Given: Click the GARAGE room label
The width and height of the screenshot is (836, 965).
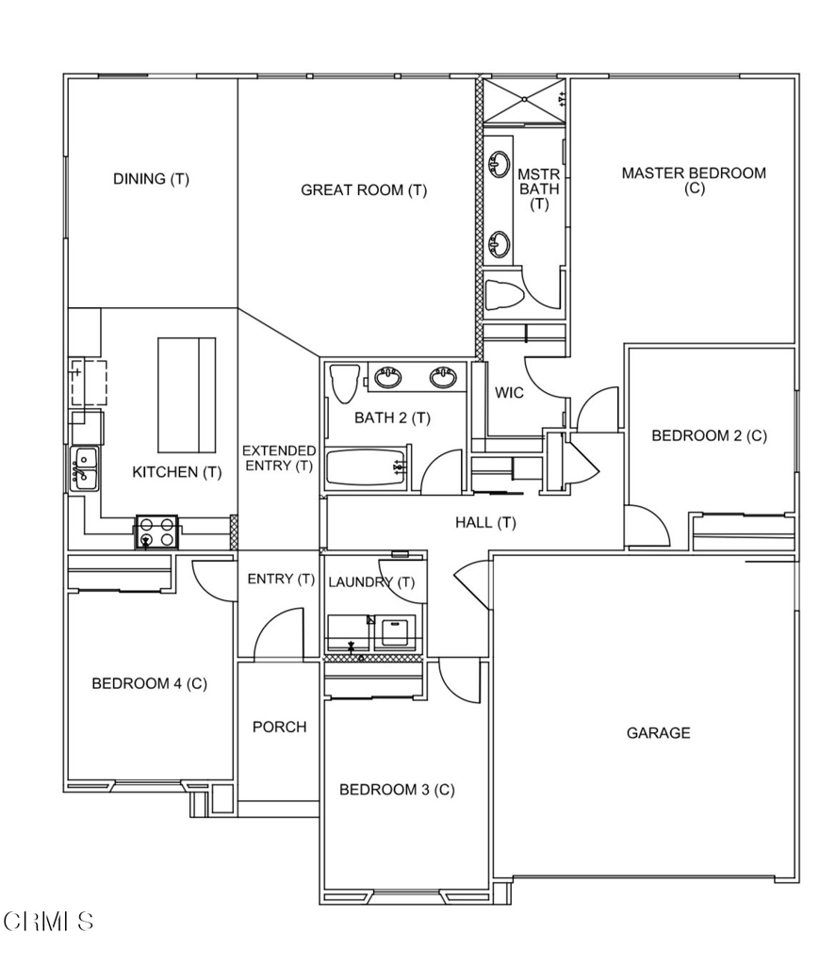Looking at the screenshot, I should [x=659, y=732].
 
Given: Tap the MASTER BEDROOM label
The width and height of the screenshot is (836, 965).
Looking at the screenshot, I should [x=694, y=180].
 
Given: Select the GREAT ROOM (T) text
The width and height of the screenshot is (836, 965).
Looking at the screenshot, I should [x=364, y=190].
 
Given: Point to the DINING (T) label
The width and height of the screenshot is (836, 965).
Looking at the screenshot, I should [x=151, y=179].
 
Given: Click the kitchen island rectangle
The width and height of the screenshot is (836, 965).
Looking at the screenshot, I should [x=186, y=397].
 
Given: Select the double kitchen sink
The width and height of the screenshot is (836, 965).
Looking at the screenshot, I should [x=84, y=468].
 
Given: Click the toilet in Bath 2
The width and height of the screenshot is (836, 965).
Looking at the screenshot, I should [x=343, y=384].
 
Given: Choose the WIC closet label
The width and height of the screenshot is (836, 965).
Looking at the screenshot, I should [x=509, y=393].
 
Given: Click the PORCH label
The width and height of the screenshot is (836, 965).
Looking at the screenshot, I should [x=279, y=727].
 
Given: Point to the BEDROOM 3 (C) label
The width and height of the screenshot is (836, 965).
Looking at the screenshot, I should [x=397, y=790].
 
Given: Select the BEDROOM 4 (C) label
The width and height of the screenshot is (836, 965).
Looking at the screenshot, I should [x=149, y=683].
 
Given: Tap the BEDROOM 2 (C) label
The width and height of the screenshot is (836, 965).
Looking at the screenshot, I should [x=710, y=435].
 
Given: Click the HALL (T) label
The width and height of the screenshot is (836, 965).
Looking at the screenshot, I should [x=485, y=522].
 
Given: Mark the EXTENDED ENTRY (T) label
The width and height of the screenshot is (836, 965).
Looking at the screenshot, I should [x=278, y=458].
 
